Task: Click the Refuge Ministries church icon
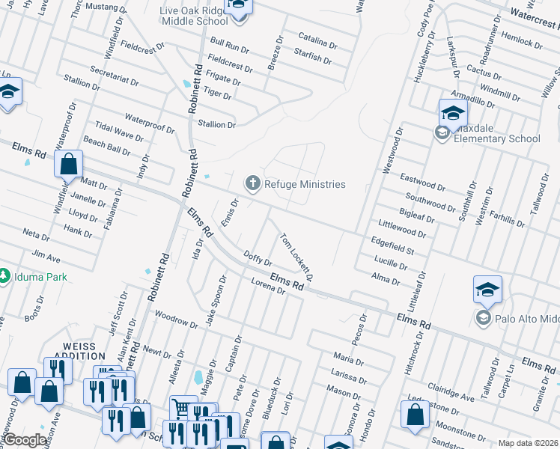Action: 253,183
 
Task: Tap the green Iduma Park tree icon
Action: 5,277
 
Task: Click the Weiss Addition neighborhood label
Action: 79,348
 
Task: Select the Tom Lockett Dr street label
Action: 296,255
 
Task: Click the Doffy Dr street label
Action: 258,259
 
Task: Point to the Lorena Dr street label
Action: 269,287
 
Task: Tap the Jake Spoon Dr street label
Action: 216,301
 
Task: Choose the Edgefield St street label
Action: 392,245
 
